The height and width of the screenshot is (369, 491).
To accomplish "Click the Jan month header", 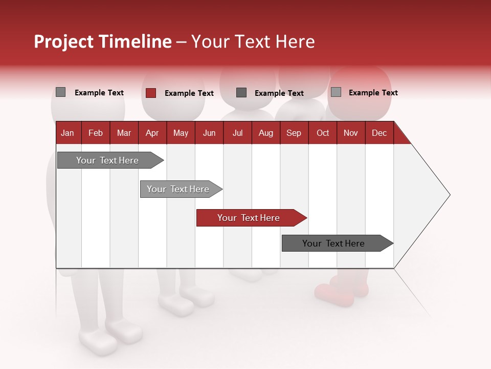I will (x=68, y=133).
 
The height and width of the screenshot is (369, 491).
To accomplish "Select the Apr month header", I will (x=152, y=133).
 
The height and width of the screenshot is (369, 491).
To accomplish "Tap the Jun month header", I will (x=209, y=133).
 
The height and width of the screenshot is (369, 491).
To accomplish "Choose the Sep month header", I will (x=294, y=133).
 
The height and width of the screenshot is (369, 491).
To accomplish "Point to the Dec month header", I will (x=379, y=133).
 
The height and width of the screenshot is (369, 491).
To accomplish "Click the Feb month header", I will (x=96, y=133).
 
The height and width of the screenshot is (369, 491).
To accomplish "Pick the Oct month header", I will (x=323, y=133).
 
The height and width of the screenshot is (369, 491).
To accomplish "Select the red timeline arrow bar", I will (x=251, y=218).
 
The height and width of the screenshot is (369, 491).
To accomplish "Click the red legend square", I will (x=150, y=93).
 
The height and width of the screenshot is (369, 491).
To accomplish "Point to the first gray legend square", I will (x=61, y=92).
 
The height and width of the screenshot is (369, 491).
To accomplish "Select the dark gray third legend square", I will (x=241, y=93).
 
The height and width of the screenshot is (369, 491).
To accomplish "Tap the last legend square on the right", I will (x=336, y=92).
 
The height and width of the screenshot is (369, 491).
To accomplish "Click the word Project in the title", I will (x=64, y=42).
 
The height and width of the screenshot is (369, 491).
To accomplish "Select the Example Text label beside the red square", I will (x=189, y=93).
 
